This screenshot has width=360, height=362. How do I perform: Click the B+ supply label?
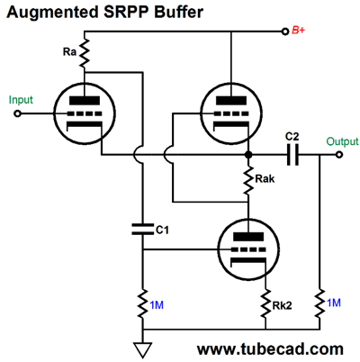coord(298,31)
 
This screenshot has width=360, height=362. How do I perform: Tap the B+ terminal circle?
coord(285,32)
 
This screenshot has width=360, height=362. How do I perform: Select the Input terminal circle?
coord(17,113)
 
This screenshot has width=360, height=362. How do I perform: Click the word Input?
coord(21,100)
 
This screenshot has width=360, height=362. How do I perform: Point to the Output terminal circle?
coord(339,155)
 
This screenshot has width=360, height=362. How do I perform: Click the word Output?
coord(342,141)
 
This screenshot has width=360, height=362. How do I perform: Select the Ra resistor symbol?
coord(85,53)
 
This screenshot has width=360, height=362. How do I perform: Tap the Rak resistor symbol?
coord(248,180)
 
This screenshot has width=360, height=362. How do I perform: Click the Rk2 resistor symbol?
coord(265,304)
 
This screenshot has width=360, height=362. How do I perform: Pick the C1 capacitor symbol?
coord(143,230)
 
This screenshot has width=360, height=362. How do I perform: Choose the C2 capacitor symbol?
coord(292,155)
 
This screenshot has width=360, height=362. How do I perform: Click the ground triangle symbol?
coord(142,350)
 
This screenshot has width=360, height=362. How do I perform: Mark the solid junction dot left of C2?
coord(248,155)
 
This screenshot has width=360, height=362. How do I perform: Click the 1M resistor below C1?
coord(143,304)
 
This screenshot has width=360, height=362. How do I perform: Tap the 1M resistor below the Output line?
coord(319,304)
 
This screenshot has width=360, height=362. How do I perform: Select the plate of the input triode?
coord(85,100)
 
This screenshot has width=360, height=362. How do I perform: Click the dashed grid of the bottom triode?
coord(248,249)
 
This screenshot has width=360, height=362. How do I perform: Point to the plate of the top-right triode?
coord(231,100)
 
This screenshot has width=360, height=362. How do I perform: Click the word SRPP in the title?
coord(127,13)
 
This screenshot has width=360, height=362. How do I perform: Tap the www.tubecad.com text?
coord(270,349)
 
